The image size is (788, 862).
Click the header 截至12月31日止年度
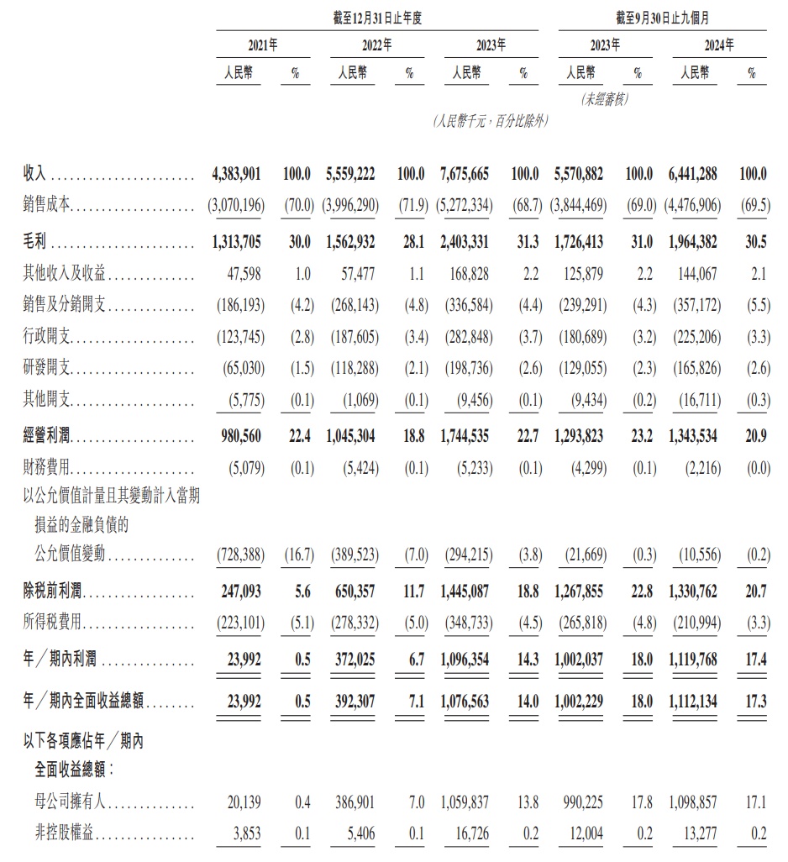click(x=376, y=16)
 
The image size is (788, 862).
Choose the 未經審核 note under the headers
click(x=604, y=99)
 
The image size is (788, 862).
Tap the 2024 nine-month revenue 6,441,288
click(x=694, y=174)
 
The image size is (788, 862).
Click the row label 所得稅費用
click(x=55, y=624)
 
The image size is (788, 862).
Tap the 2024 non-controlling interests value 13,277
click(x=699, y=837)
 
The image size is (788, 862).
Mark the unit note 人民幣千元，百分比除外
click(x=490, y=122)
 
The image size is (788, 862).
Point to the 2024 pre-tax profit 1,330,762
click(x=694, y=592)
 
